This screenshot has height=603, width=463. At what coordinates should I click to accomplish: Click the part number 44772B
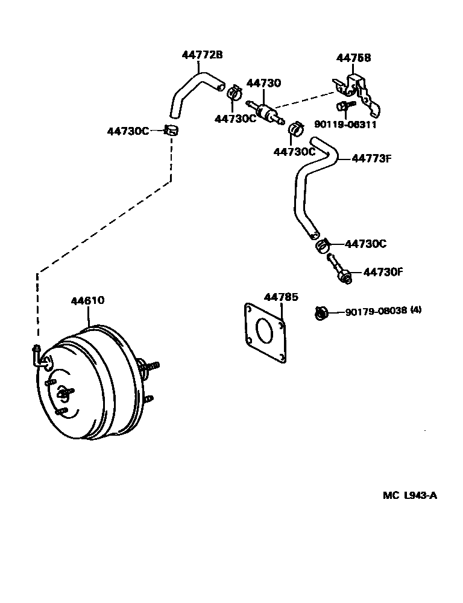(202, 55)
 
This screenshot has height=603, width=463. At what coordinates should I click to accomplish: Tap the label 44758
(354, 58)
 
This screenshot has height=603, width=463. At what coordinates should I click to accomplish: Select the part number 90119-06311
(345, 125)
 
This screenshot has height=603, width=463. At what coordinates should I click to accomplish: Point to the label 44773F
(372, 158)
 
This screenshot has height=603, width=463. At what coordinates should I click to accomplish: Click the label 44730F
(383, 272)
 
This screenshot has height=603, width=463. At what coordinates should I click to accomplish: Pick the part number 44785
(281, 297)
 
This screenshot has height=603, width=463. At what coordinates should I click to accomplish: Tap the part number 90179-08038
(376, 311)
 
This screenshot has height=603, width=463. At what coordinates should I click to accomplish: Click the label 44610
(87, 300)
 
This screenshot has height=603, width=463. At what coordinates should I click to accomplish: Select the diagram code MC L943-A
(410, 496)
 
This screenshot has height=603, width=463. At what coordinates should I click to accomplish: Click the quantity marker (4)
(416, 309)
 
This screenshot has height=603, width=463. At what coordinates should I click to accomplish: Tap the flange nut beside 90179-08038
(321, 314)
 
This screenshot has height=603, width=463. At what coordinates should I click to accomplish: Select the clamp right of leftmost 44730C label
(171, 130)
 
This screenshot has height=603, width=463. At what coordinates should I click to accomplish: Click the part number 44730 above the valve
(264, 83)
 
